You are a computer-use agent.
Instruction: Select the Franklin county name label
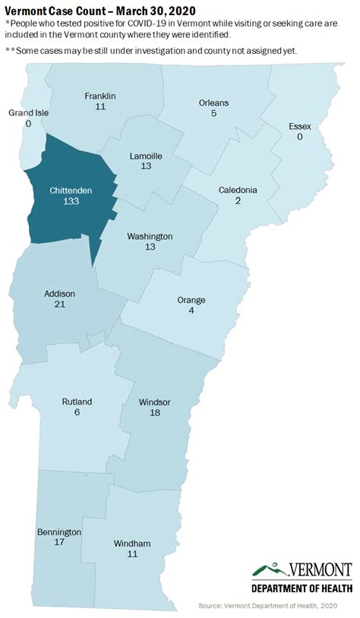pos(100,96)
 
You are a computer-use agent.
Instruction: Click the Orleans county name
pos(213,102)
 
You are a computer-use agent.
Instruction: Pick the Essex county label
pos(301,126)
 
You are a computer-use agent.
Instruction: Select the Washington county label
pos(150,236)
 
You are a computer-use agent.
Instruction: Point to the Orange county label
pos(191,300)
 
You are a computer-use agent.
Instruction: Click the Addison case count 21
pos(59,304)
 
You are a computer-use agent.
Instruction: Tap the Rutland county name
pos(77,402)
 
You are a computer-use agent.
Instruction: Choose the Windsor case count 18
pos(155,412)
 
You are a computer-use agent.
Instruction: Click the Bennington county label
pos(58,532)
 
